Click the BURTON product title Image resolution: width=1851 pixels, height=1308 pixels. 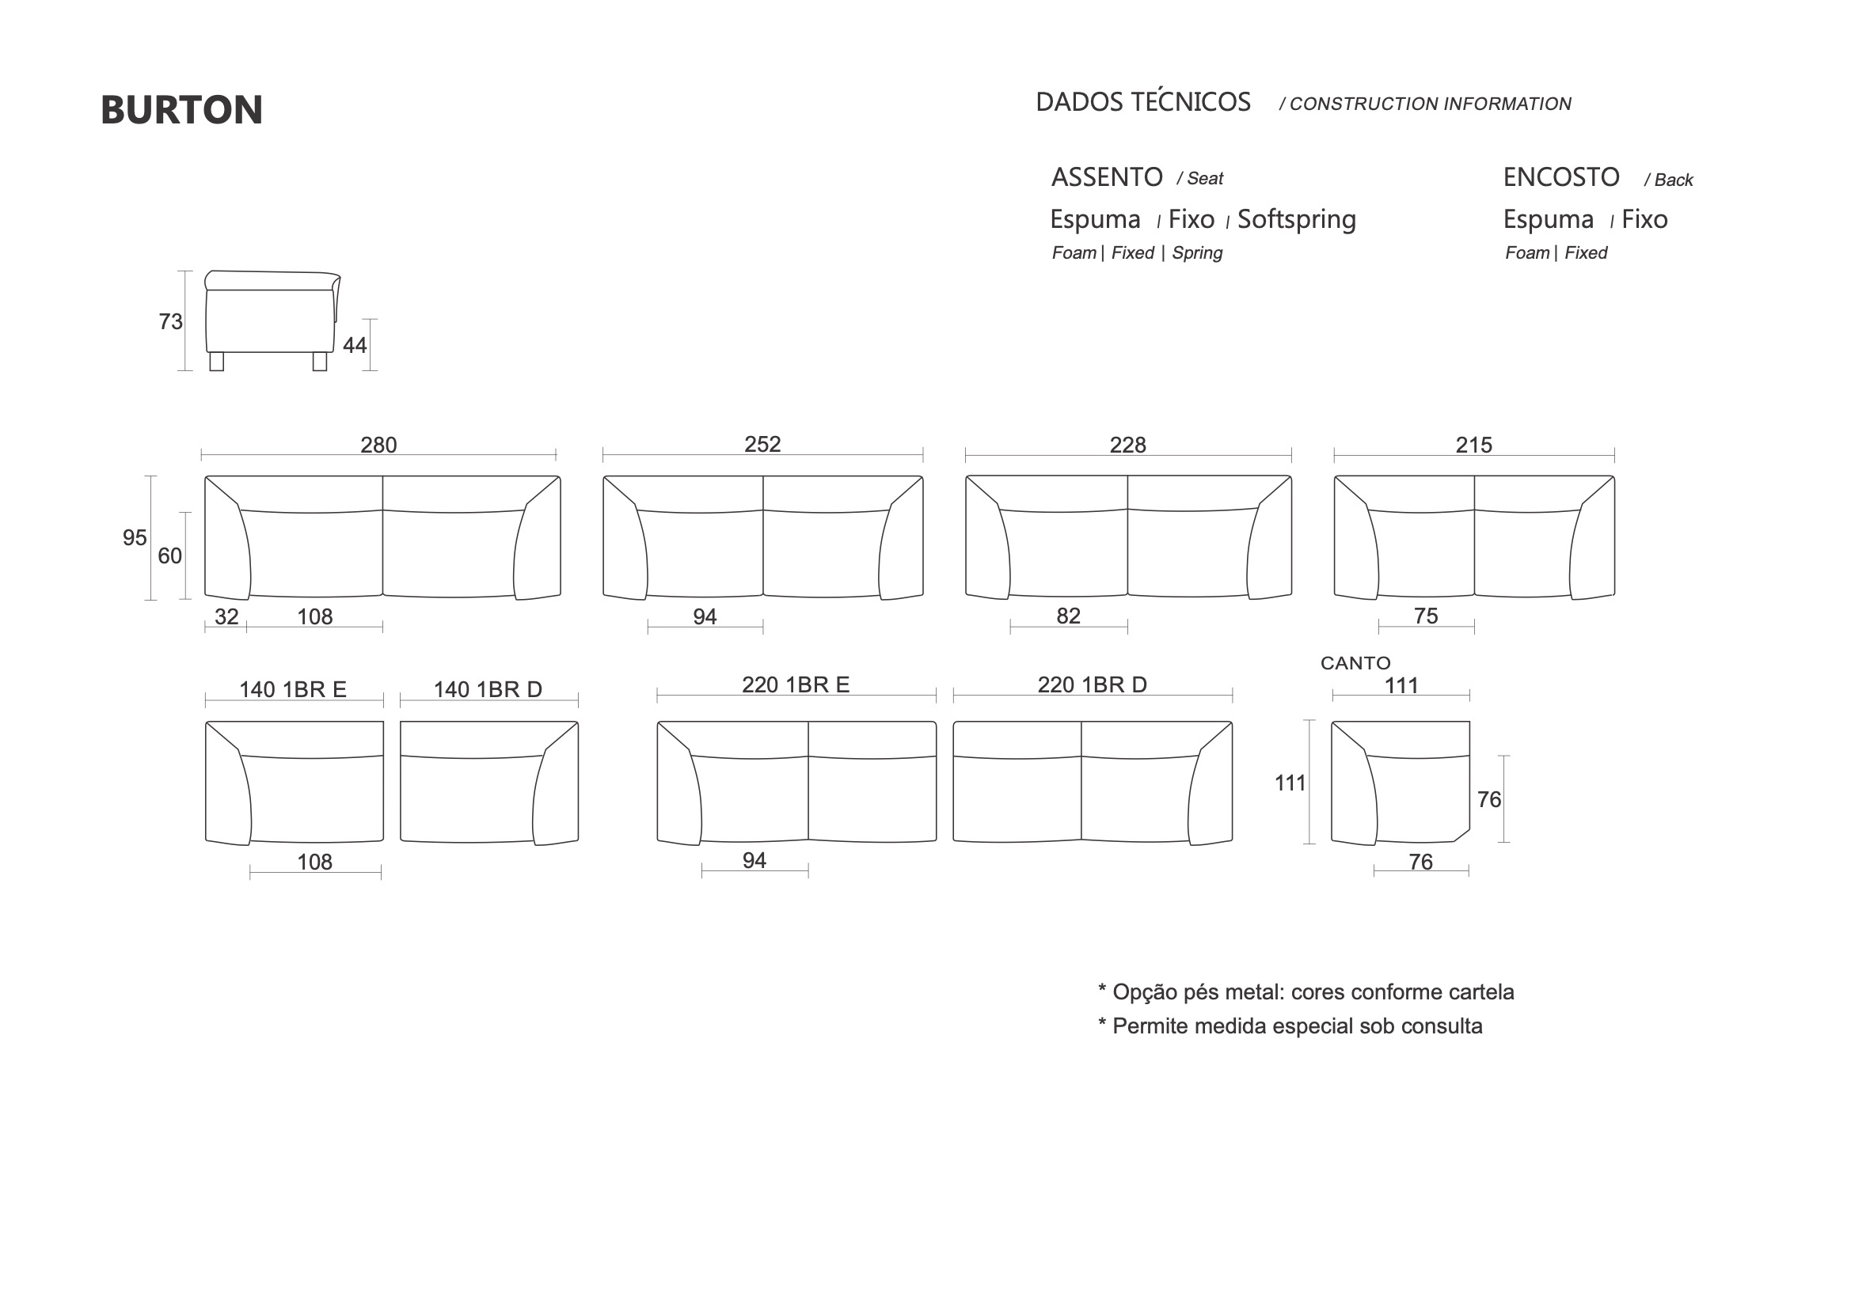click(x=181, y=110)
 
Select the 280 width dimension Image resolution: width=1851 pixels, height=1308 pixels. click(x=378, y=445)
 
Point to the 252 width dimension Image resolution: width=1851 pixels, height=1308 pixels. click(x=762, y=444)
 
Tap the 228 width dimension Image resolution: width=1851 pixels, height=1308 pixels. click(x=1127, y=445)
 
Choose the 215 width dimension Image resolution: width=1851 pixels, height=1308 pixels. click(x=1473, y=445)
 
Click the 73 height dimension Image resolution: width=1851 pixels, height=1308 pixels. click(x=170, y=321)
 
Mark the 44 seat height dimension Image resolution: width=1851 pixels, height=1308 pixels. click(x=355, y=345)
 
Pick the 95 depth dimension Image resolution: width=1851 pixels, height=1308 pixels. click(x=135, y=537)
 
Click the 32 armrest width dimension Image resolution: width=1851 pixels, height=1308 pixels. click(x=226, y=616)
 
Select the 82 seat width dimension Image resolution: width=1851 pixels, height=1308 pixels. click(x=1068, y=616)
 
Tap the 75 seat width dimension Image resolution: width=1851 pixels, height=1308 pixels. click(x=1425, y=616)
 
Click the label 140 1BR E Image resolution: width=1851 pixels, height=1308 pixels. click(x=293, y=689)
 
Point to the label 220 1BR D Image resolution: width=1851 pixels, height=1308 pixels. click(x=1092, y=684)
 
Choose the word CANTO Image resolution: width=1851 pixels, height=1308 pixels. click(x=1355, y=663)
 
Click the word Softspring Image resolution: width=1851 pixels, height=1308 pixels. click(x=1296, y=220)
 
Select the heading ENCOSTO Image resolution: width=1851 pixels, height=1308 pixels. click(x=1560, y=177)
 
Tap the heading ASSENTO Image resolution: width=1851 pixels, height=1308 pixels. click(x=1106, y=177)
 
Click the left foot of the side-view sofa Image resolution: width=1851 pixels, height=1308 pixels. click(x=216, y=361)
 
